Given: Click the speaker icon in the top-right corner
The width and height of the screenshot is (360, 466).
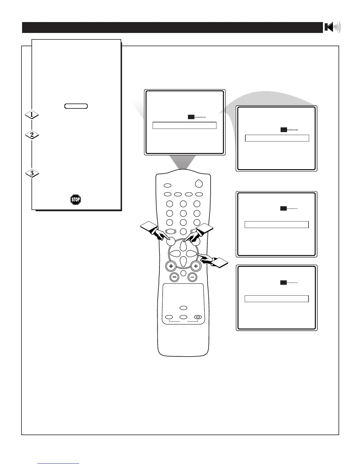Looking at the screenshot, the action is (x=332, y=27).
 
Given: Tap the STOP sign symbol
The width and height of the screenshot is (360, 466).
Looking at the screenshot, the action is (x=76, y=200).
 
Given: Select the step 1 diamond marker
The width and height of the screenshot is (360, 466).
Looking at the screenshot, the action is (x=32, y=114).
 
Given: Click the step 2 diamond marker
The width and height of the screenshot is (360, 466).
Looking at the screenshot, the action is (x=32, y=135).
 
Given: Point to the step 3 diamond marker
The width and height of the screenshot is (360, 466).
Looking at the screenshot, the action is (x=32, y=173).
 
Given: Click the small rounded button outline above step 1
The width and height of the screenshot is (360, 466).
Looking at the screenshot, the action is (x=76, y=106).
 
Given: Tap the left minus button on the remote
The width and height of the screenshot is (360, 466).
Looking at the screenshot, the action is (x=174, y=277).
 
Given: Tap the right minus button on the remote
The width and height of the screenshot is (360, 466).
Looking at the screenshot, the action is (x=192, y=277).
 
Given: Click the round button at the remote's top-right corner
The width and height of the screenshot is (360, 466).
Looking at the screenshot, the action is (x=199, y=184).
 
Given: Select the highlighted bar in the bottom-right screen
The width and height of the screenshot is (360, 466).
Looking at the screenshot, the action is (x=276, y=299).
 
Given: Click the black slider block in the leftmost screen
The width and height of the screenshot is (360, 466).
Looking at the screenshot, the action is (x=191, y=117).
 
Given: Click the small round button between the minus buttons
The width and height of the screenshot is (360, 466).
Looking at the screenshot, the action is (x=183, y=273).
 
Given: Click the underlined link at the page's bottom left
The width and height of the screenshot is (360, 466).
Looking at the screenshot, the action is (x=58, y=463).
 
